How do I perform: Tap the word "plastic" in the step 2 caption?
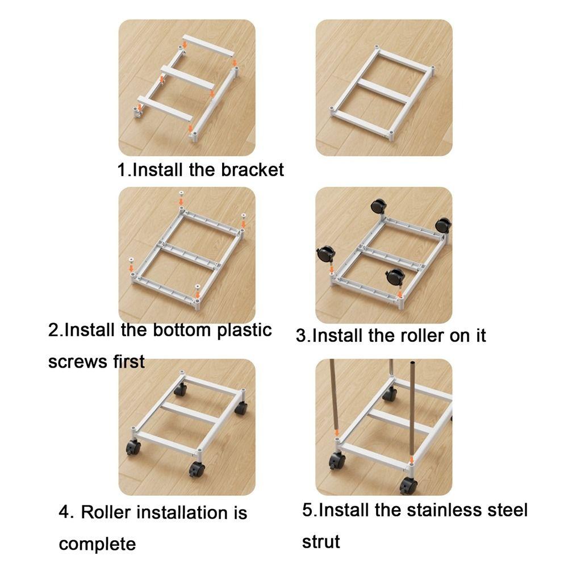coord(245,330)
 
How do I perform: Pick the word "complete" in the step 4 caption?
coord(97,544)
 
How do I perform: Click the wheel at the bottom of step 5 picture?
coord(408,486)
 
